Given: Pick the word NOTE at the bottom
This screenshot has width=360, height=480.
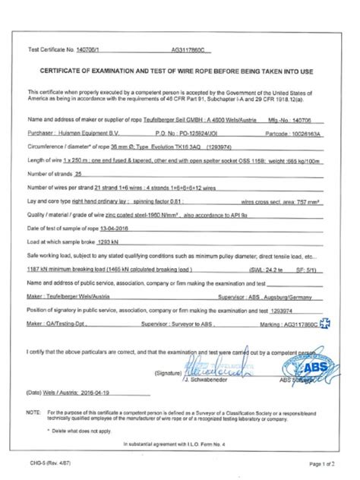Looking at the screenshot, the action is click(x=34, y=411).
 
